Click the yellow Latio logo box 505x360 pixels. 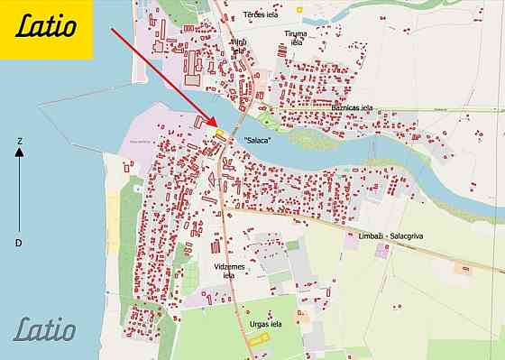point(46,29)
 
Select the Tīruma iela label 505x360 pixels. point(295,38)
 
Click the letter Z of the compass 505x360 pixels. point(19,141)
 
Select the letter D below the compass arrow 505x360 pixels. point(19,243)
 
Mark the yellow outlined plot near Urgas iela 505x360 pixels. point(260,339)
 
